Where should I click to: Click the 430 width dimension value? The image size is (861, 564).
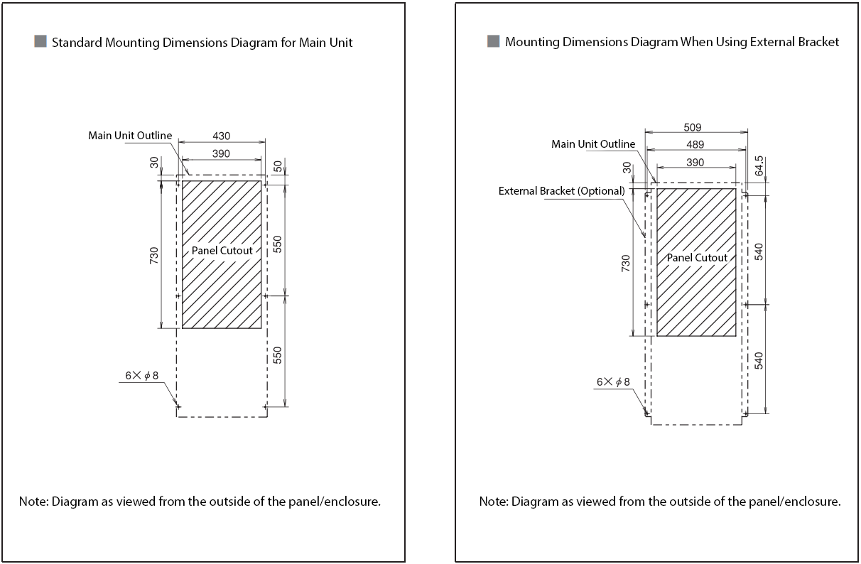[221, 136]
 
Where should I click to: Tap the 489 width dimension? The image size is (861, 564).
[695, 145]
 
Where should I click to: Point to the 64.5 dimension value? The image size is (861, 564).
[759, 166]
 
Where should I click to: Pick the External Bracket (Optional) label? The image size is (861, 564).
[561, 191]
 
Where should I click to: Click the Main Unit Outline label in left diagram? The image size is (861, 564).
[130, 135]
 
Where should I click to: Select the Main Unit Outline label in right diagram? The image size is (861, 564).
[593, 144]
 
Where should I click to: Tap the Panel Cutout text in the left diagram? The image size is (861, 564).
[222, 251]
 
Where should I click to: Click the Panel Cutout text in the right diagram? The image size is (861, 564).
[697, 258]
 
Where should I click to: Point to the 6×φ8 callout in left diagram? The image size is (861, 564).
[139, 375]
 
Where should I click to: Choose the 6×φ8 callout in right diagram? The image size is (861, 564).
[613, 382]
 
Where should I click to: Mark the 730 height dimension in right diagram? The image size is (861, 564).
[627, 264]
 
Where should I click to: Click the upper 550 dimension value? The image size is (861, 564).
[278, 244]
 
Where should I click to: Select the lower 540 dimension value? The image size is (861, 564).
[759, 361]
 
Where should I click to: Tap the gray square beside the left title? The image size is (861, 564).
[40, 41]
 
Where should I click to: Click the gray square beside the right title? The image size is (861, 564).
[493, 41]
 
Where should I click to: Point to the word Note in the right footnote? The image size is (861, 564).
[493, 501]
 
